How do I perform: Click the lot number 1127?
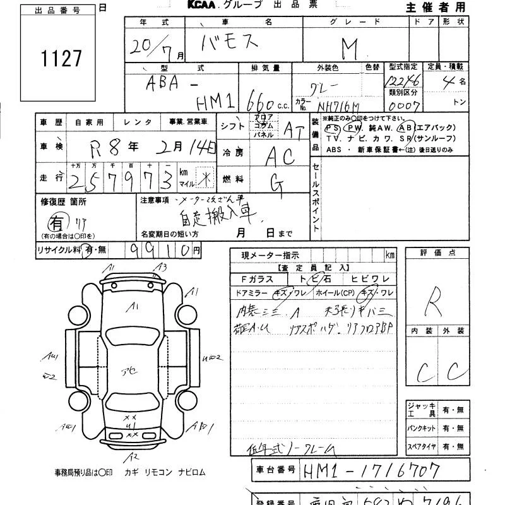(x=61, y=58)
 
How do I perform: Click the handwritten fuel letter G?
(x=276, y=183)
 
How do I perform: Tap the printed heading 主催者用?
(x=436, y=7)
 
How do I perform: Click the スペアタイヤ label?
(x=422, y=446)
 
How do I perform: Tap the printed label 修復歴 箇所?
(x=64, y=201)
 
